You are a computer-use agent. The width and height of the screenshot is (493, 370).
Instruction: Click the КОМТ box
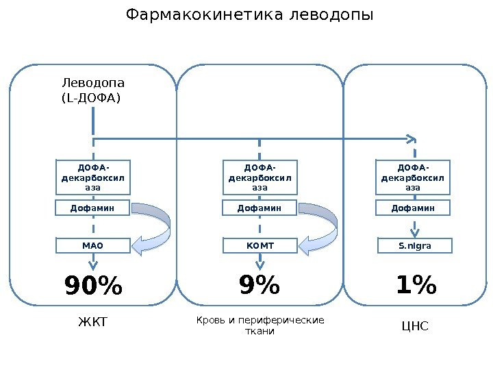pyautogui.click(x=260, y=245)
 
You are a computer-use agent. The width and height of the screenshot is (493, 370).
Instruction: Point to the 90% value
pyautogui.click(x=94, y=286)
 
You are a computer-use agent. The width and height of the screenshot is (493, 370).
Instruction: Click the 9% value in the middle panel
pyautogui.click(x=260, y=285)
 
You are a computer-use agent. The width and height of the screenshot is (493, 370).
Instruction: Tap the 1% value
pyautogui.click(x=416, y=285)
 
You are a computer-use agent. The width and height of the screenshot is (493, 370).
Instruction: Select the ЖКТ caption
pyautogui.click(x=94, y=322)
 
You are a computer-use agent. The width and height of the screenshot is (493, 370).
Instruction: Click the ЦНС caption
pyautogui.click(x=414, y=325)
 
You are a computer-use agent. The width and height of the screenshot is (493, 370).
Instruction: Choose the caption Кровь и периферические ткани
pyautogui.click(x=260, y=325)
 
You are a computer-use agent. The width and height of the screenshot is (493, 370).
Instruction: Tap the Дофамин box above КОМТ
pyautogui.click(x=260, y=207)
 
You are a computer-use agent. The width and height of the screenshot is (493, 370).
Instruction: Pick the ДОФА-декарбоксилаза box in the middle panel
pyautogui.click(x=260, y=177)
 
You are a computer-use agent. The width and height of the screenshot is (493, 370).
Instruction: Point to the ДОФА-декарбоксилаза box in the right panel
pyautogui.click(x=413, y=177)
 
